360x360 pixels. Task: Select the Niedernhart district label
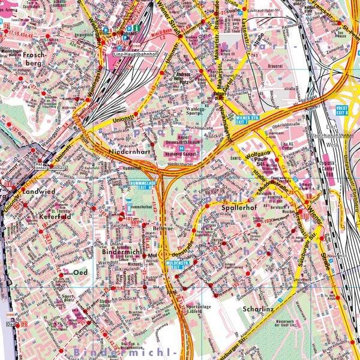pos(128,152)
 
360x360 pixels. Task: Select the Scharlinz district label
pos(258,310)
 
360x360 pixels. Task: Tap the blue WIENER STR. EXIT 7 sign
pos(247,119)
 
